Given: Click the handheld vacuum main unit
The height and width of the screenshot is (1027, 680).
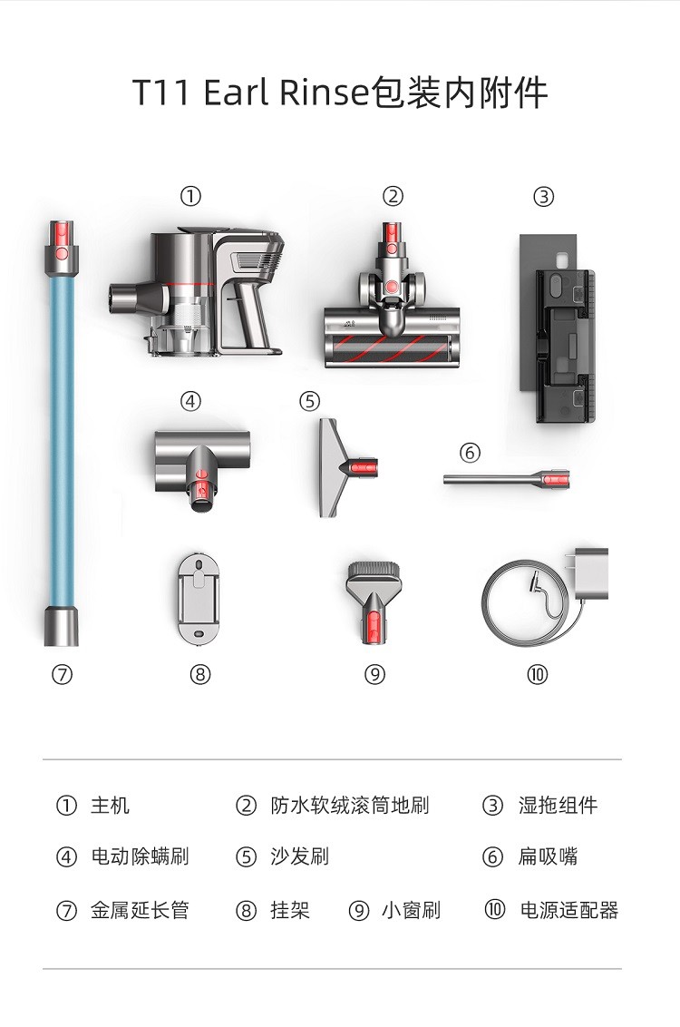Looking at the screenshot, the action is click(197, 291).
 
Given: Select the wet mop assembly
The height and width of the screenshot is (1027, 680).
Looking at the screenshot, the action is click(558, 328).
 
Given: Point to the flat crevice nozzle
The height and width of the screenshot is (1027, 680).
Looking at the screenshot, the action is click(506, 479).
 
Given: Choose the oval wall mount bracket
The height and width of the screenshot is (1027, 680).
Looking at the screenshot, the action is click(198, 599).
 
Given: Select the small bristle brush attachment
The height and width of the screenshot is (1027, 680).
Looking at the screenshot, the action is click(374, 602).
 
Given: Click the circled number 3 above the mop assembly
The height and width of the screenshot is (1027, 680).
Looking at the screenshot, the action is click(543, 197).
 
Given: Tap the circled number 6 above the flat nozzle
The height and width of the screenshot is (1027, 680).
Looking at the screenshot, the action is click(470, 453).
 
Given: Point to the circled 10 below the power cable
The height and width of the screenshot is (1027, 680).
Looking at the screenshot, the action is click(537, 674).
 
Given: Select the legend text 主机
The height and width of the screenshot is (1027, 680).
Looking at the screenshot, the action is click(110, 805).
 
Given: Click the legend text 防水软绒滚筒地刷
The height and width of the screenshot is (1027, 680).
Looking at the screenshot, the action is click(349, 805).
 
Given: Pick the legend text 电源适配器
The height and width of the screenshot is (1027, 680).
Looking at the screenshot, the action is click(568, 910).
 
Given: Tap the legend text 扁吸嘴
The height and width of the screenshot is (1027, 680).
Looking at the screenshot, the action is click(548, 856).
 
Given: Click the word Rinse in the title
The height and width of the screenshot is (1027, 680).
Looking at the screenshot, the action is click(325, 93).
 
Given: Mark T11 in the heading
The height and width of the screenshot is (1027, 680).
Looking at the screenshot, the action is click(161, 93).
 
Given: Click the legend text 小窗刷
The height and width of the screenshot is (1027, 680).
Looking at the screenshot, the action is click(411, 910).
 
